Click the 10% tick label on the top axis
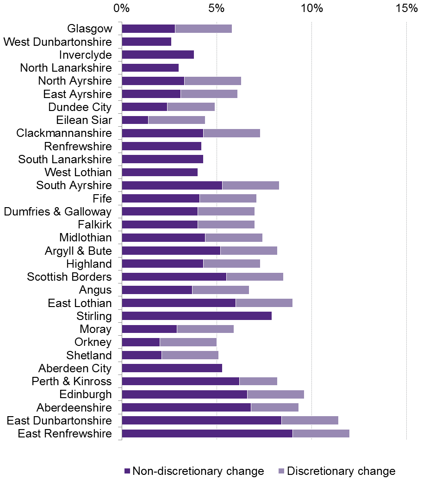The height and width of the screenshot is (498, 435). pyautogui.click(x=311, y=8)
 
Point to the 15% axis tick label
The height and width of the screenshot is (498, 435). pyautogui.click(x=406, y=8)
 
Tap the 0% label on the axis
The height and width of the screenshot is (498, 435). pyautogui.click(x=122, y=8)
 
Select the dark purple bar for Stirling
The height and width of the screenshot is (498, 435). pyautogui.click(x=197, y=316)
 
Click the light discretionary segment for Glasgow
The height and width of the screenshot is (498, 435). pyautogui.click(x=203, y=29)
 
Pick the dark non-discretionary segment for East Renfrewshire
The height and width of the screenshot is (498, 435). pyautogui.click(x=207, y=434)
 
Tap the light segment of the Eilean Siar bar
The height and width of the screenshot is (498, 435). pyautogui.click(x=176, y=120)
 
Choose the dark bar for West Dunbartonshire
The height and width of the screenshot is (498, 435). pyautogui.click(x=146, y=42)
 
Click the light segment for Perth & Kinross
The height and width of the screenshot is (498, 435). pyautogui.click(x=258, y=381)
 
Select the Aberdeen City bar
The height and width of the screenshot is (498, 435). pyautogui.click(x=172, y=369)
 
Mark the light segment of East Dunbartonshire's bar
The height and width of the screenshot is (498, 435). pyautogui.click(x=310, y=420)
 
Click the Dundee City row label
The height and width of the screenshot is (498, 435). pyautogui.click(x=80, y=107)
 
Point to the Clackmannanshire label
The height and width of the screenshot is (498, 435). pyautogui.click(x=64, y=133)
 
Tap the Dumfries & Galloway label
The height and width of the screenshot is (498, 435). pyautogui.click(x=57, y=212)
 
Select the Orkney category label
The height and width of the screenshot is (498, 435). pyautogui.click(x=93, y=342)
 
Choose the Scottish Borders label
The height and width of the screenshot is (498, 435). pyautogui.click(x=69, y=277)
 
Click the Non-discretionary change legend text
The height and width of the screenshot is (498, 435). pyautogui.click(x=198, y=471)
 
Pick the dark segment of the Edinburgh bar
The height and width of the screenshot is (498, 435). pyautogui.click(x=184, y=394)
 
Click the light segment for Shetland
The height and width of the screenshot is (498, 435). pyautogui.click(x=190, y=355)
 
